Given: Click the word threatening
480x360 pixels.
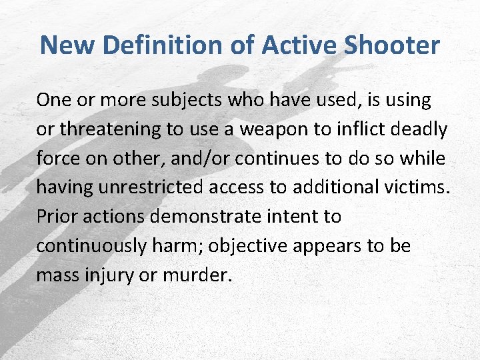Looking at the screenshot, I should pos(102,129).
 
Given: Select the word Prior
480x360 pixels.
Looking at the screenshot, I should pos(57,217).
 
